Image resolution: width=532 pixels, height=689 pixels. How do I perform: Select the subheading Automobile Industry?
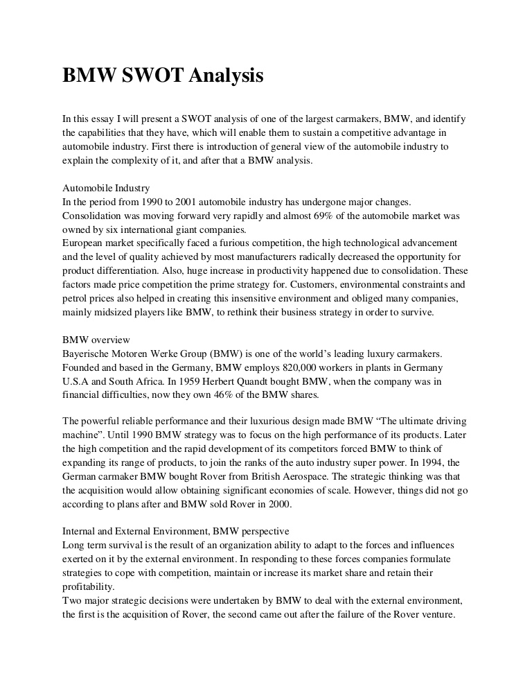point(106,188)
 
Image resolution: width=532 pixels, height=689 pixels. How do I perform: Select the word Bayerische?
point(87,354)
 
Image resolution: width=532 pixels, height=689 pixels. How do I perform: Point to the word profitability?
point(89,587)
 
